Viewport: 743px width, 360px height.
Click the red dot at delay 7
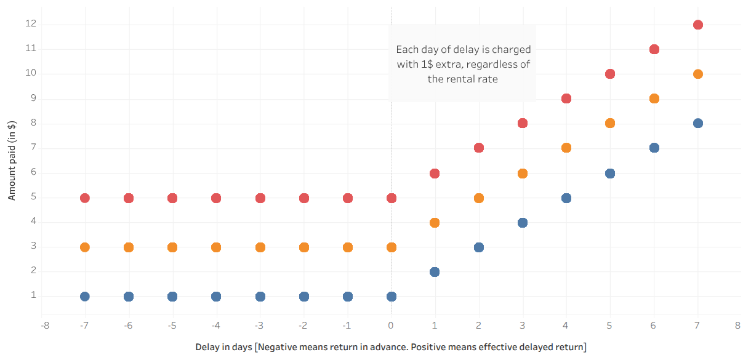tap(697, 25)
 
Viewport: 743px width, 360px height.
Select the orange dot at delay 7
tap(697, 74)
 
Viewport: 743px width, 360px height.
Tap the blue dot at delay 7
tap(697, 123)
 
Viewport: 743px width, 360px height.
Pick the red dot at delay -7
tap(85, 198)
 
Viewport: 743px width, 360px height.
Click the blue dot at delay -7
tap(85, 297)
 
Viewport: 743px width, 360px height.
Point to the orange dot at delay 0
tap(392, 247)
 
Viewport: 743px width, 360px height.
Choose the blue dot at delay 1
tap(435, 272)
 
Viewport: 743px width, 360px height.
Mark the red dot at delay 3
tap(523, 123)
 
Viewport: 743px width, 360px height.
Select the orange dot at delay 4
tap(566, 148)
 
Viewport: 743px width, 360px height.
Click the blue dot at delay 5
tap(610, 174)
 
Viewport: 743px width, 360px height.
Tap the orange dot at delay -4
tap(216, 247)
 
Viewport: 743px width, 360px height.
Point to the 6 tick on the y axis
tap(34, 172)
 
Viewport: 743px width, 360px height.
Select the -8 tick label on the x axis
tap(45, 324)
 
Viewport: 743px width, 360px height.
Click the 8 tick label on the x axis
tap(737, 324)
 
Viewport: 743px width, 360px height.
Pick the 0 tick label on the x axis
tap(391, 324)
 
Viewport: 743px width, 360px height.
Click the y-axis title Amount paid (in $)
tap(12, 160)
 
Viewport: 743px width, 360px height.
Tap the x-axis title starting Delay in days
tap(391, 347)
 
